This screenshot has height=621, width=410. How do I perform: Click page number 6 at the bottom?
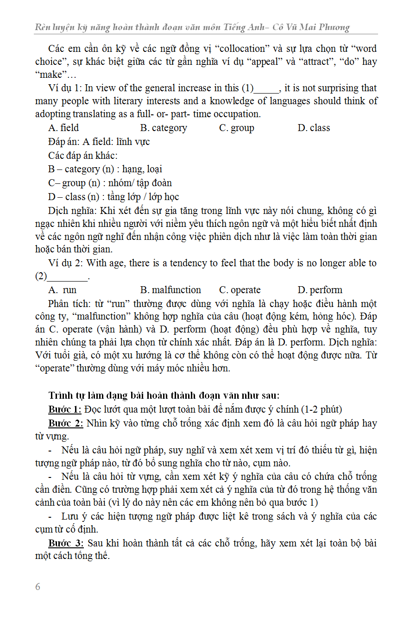click(38, 587)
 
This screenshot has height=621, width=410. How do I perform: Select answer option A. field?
click(63, 128)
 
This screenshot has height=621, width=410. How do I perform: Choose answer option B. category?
click(164, 128)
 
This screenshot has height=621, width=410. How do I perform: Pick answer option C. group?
click(236, 128)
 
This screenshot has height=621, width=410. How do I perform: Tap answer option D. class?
click(314, 128)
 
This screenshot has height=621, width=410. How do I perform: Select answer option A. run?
click(63, 290)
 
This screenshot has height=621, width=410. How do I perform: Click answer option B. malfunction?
click(170, 290)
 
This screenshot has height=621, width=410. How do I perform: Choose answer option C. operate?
click(240, 290)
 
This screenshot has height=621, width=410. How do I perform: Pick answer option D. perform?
click(320, 290)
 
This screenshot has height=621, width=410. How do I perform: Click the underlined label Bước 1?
click(65, 409)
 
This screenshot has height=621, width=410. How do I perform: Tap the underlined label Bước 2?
click(65, 423)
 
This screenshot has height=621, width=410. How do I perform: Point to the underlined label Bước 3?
click(65, 543)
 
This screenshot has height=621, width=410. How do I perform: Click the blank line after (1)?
click(267, 89)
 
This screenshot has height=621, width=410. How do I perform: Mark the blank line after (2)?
click(68, 277)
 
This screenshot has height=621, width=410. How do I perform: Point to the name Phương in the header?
click(331, 27)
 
